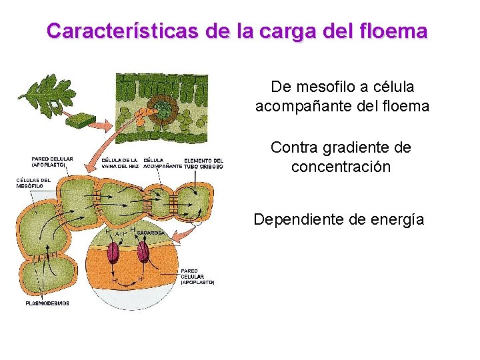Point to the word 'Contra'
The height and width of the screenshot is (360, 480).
pos(293,147)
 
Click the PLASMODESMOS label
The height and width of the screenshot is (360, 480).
pos(47,303)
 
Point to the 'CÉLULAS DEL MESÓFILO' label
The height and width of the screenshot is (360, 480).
pos(33,183)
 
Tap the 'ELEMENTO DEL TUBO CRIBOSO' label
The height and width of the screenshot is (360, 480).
pos(203,163)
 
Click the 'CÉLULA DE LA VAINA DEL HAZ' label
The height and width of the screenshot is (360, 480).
pos(120,163)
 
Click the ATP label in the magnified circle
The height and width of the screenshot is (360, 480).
pos(121,235)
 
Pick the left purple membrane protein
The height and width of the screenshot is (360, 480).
pos(114,253)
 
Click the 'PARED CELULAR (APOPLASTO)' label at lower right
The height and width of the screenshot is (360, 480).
pos(197,277)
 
